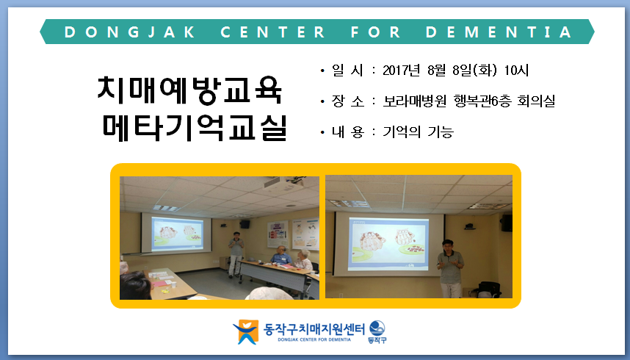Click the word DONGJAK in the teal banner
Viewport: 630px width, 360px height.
(x=130, y=32)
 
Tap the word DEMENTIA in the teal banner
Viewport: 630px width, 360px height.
(x=499, y=32)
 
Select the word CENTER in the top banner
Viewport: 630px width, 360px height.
(x=272, y=32)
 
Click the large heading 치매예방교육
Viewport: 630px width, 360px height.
(x=190, y=90)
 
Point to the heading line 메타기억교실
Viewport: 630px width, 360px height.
(x=195, y=128)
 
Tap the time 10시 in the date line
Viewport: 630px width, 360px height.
(x=516, y=71)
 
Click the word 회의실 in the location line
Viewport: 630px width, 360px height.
(x=536, y=101)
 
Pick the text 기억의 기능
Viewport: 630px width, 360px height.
(x=419, y=132)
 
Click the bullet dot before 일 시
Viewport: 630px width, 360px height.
(x=322, y=71)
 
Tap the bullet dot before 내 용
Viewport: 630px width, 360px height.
(x=322, y=132)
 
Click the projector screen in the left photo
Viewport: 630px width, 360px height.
(x=177, y=234)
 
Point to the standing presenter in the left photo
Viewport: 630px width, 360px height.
(x=236, y=254)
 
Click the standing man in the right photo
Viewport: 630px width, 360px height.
(x=450, y=268)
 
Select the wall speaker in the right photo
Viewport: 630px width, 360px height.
(x=506, y=223)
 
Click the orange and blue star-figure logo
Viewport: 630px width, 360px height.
(x=246, y=332)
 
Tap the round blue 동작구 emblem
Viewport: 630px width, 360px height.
(x=377, y=328)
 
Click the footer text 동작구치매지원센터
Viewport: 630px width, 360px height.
(x=314, y=328)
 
